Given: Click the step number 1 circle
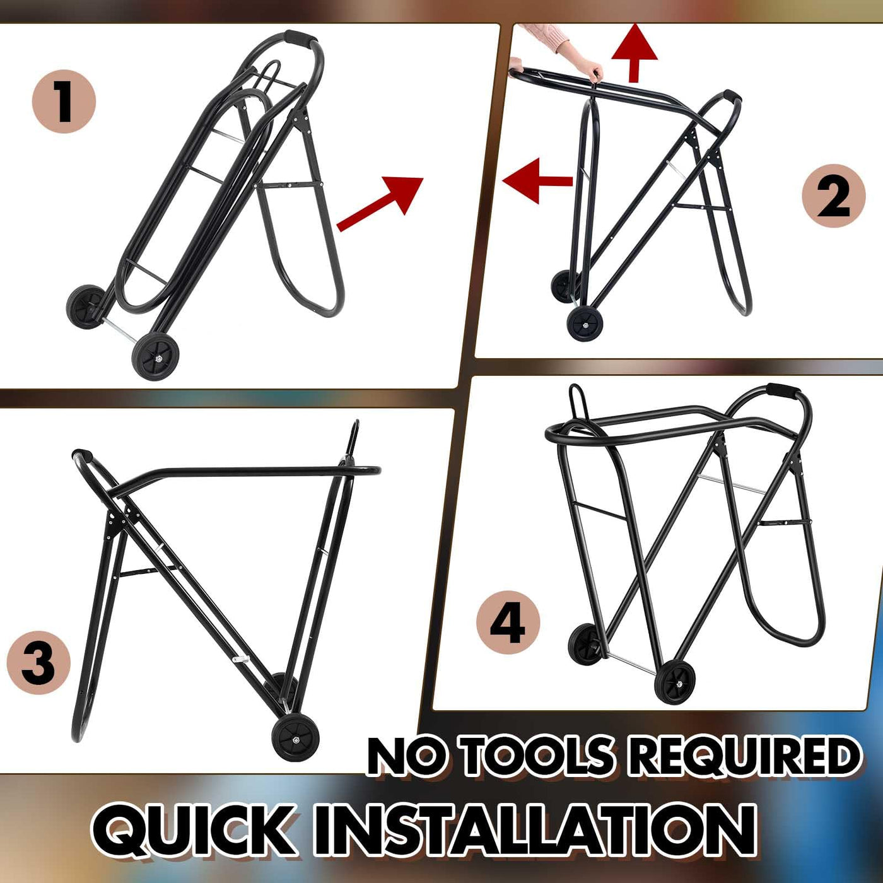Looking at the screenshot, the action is coord(64,102).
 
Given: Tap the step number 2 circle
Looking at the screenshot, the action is coord(834,196).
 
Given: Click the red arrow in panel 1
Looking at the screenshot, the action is coord(380,204).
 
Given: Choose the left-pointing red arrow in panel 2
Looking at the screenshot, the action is coord(537,182).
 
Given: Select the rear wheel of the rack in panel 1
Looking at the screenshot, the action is coord(85,306).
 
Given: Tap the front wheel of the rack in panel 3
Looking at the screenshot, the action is coord(293,740).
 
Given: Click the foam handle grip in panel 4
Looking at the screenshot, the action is coord(784,392).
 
